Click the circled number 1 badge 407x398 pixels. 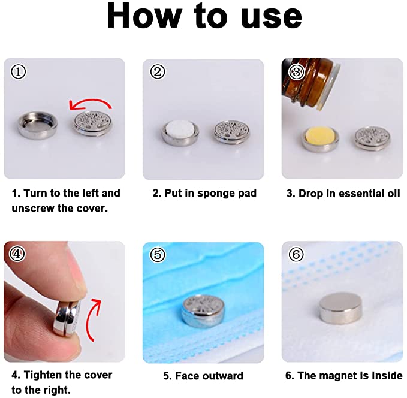click(19, 72)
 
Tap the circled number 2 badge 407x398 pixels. click(157, 72)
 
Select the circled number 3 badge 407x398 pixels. click(296, 72)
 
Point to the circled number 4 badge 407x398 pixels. click(19, 254)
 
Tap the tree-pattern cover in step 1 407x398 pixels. click(92, 126)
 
